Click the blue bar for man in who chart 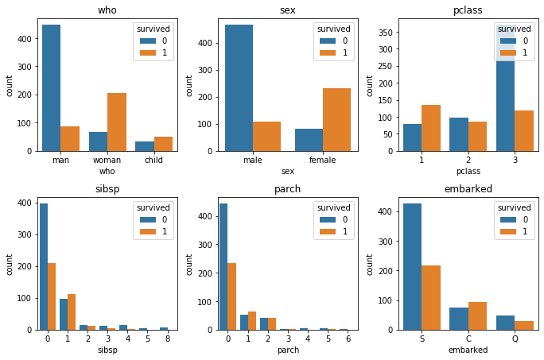(x=50, y=87)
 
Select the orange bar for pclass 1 (x=432, y=128)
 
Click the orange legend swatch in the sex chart (x=326, y=53)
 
